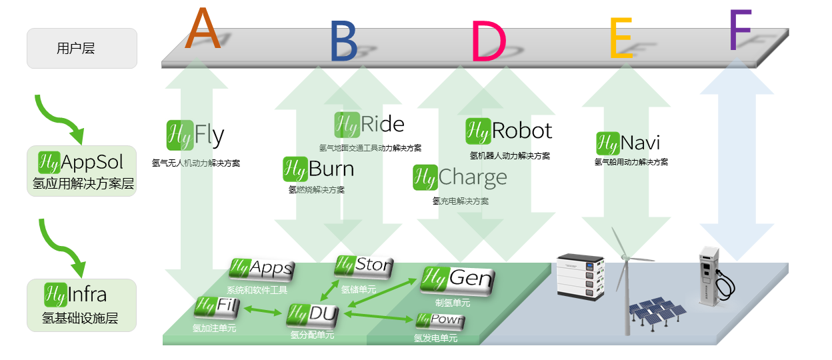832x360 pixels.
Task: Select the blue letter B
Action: coord(343,42)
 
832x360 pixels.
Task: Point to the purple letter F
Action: coord(740,31)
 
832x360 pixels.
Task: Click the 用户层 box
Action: coord(82,48)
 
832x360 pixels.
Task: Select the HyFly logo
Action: coord(195,135)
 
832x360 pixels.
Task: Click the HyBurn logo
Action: coord(318,169)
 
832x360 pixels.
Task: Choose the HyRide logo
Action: coord(369,125)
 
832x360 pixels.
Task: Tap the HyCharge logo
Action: coord(459,177)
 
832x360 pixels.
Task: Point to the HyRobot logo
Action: coord(509,131)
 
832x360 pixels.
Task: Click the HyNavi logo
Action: coord(628,143)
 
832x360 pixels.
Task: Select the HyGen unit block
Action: coord(457,279)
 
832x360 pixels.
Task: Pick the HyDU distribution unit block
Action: coord(313,315)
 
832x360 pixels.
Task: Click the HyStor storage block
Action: coord(364,266)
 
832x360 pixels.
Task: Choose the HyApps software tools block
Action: coord(261,269)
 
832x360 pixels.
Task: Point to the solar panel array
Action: coord(656,313)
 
